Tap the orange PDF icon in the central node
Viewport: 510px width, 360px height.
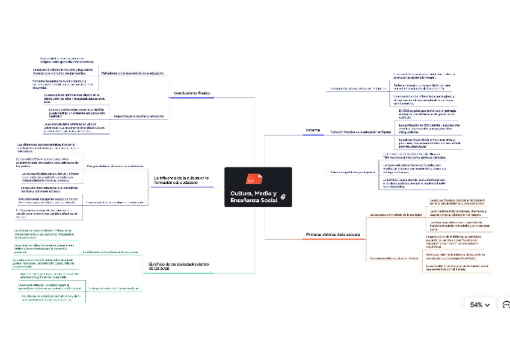point(251,180)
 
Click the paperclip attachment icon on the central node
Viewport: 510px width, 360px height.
point(282,197)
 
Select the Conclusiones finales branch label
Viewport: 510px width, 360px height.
point(191,94)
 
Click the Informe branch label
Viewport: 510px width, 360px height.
point(313,130)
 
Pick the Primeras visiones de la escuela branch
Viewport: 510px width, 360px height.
point(332,234)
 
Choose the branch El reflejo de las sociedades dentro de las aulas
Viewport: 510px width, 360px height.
point(179,266)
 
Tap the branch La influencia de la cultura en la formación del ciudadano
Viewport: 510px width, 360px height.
point(181,180)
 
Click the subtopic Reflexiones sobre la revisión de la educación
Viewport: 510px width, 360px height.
point(132,73)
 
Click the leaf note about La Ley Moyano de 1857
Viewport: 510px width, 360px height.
point(426,127)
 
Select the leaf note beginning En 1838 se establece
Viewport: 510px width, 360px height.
point(425,113)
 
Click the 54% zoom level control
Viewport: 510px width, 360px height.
point(476,305)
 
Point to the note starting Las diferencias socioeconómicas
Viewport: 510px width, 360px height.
point(46,148)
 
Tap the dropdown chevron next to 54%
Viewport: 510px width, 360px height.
point(487,305)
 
